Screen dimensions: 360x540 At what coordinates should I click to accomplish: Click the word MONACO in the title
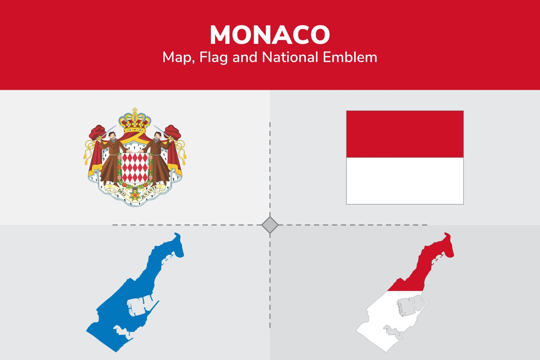pyautogui.click(x=270, y=35)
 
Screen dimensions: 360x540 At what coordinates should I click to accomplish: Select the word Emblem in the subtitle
pyautogui.click(x=350, y=57)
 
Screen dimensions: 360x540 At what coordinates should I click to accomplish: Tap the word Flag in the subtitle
pyautogui.click(x=213, y=57)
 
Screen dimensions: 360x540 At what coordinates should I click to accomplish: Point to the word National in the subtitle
pyautogui.click(x=290, y=57)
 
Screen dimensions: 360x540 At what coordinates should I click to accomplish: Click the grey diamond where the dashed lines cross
pyautogui.click(x=270, y=225)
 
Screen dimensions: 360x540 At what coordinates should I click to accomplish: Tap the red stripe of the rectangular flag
pyautogui.click(x=405, y=134)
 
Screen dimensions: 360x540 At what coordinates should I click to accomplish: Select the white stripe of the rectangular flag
pyautogui.click(x=405, y=181)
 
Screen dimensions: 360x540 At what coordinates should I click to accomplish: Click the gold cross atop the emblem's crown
pyautogui.click(x=135, y=111)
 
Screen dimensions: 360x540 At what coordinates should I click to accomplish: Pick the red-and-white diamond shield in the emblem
pyautogui.click(x=135, y=168)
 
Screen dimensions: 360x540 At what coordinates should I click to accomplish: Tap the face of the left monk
pyautogui.click(x=112, y=136)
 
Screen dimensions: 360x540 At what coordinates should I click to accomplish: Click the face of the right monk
pyautogui.click(x=157, y=136)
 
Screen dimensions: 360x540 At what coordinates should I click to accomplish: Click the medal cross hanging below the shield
pyautogui.click(x=135, y=196)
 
